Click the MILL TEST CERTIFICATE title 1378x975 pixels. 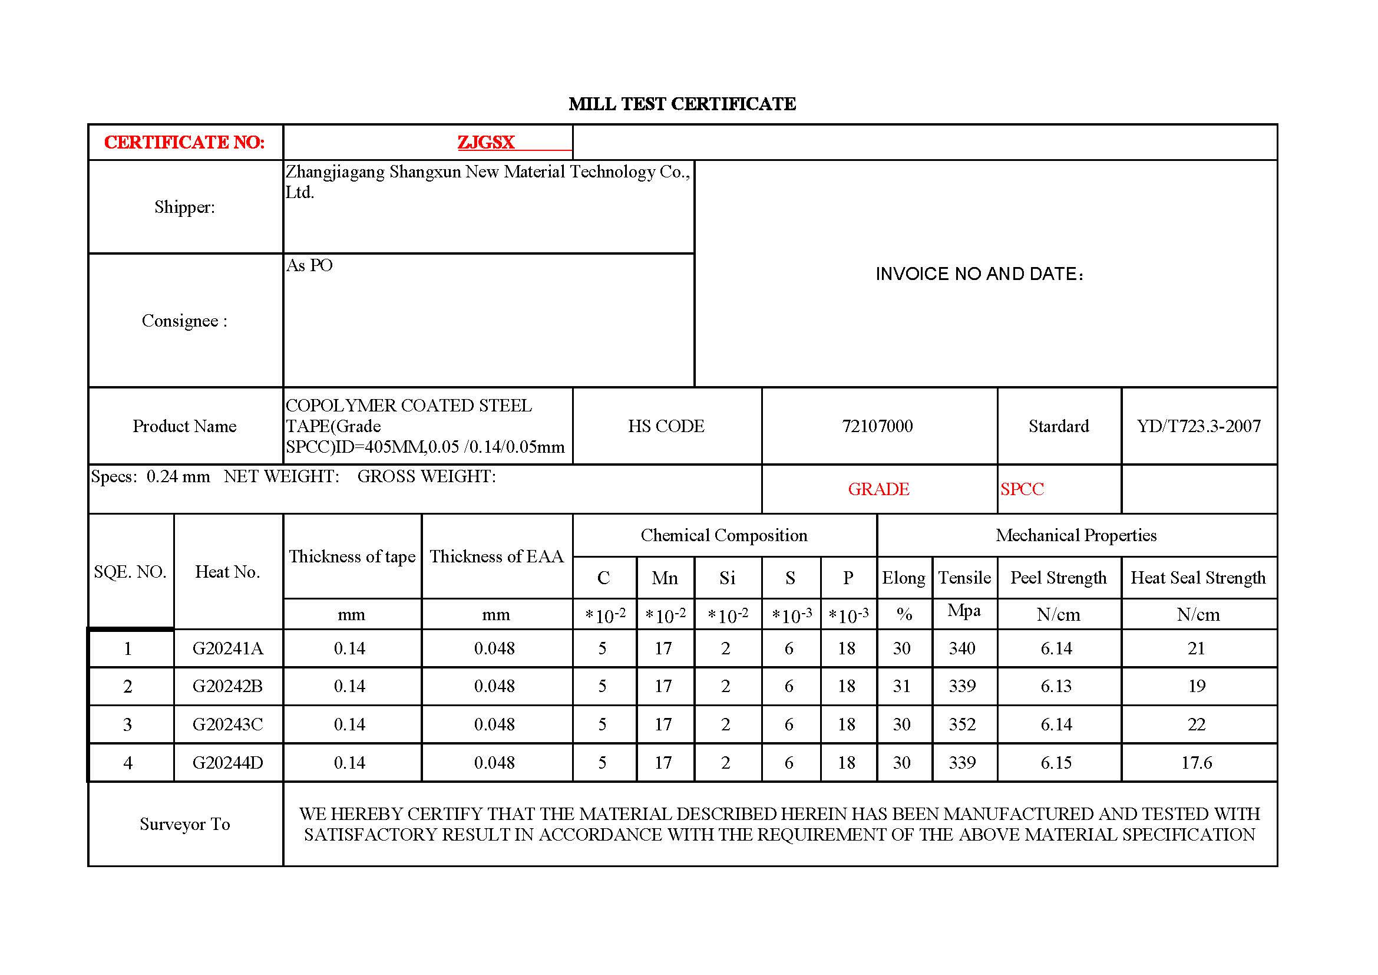click(x=682, y=104)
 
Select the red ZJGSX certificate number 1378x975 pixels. click(x=485, y=142)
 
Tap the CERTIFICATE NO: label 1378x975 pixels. click(x=184, y=142)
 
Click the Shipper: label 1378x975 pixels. click(x=184, y=207)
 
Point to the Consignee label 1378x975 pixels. click(x=184, y=321)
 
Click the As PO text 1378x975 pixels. click(x=309, y=265)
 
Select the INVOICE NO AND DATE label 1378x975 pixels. click(x=980, y=274)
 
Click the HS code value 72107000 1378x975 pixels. click(x=877, y=426)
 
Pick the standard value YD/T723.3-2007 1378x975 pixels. click(x=1198, y=426)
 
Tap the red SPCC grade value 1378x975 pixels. click(x=1022, y=489)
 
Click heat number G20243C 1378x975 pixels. click(x=227, y=724)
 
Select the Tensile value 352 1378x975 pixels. click(x=962, y=724)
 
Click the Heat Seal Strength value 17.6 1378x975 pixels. click(x=1196, y=763)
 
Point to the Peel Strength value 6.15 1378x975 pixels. click(x=1056, y=763)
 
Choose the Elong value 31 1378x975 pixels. click(x=901, y=686)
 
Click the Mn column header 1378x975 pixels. click(x=665, y=578)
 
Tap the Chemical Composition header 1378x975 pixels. click(x=724, y=535)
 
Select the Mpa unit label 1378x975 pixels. click(x=964, y=611)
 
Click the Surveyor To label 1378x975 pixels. click(x=184, y=824)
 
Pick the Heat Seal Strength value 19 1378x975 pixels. click(x=1197, y=686)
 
